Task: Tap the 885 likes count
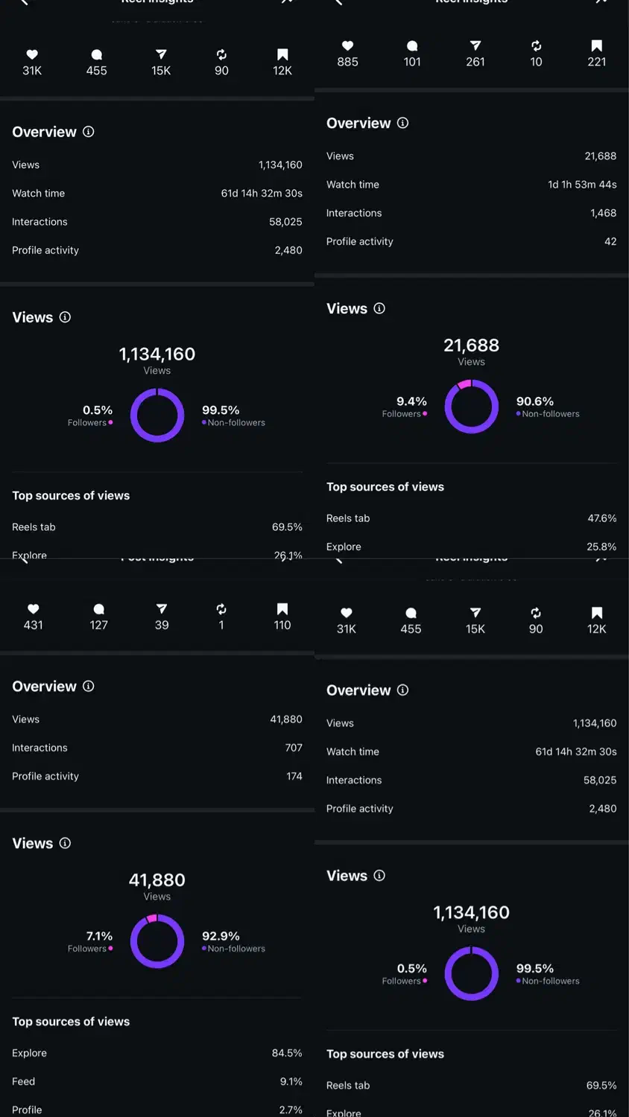click(x=347, y=62)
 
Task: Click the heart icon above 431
click(x=33, y=609)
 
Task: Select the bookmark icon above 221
click(x=596, y=46)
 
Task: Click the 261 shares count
click(x=475, y=62)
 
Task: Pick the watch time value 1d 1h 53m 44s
click(x=582, y=185)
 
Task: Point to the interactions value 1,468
click(x=603, y=213)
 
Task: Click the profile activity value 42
click(x=610, y=241)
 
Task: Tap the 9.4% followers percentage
click(x=411, y=401)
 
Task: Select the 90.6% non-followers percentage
click(x=535, y=401)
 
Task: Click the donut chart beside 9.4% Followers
click(x=472, y=407)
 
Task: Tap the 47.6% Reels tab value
click(x=602, y=518)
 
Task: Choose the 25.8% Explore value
click(x=601, y=547)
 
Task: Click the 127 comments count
click(x=99, y=626)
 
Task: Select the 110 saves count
click(x=282, y=626)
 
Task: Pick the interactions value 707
click(x=294, y=748)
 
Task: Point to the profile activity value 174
click(x=294, y=776)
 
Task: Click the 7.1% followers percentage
click(x=99, y=936)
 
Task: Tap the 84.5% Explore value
click(x=287, y=1053)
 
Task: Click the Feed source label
click(x=23, y=1081)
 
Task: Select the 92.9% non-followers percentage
click(x=221, y=936)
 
